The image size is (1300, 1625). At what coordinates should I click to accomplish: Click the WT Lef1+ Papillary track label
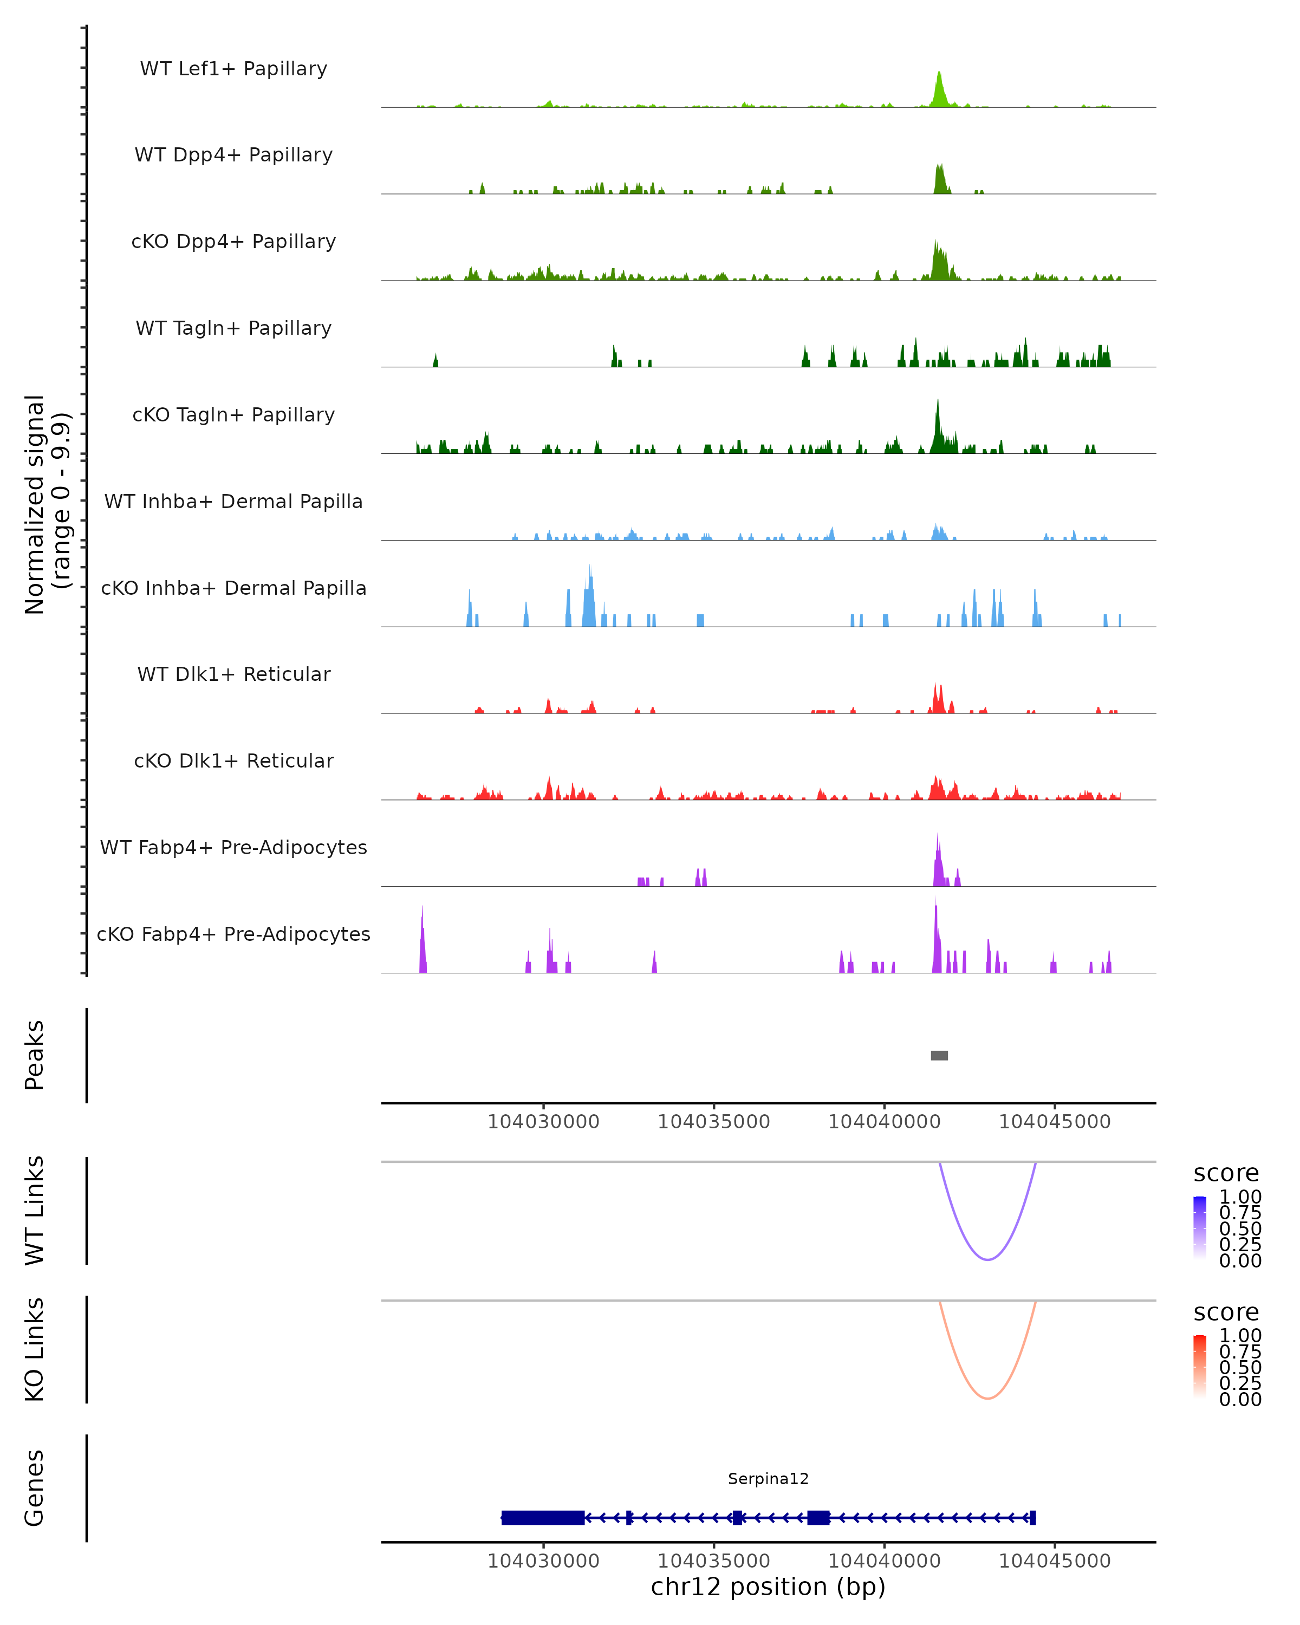(233, 69)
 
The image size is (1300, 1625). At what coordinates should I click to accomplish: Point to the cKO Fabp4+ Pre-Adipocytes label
(233, 934)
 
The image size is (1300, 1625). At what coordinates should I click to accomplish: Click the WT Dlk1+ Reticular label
(233, 674)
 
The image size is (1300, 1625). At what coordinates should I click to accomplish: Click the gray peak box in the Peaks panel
(939, 1055)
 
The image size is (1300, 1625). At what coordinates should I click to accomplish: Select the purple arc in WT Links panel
(987, 1259)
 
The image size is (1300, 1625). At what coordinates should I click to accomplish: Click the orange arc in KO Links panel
(987, 1398)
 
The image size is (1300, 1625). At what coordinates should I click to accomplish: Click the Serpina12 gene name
(768, 1479)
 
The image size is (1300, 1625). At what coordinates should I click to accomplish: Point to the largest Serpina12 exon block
(543, 1517)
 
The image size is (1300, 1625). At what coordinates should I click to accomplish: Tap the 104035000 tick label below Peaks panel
(714, 1122)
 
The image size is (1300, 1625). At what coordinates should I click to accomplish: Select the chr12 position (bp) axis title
(768, 1587)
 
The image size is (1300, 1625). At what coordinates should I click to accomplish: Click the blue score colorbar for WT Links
(1200, 1228)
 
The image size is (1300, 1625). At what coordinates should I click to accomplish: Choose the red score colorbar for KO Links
(1200, 1367)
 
